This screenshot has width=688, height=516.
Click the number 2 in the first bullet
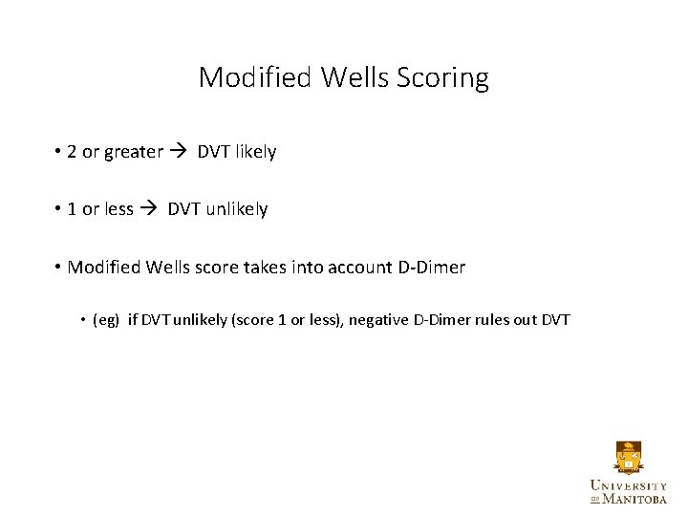(x=73, y=152)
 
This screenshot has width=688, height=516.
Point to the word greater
(x=134, y=152)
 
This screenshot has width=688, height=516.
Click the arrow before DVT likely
(x=179, y=152)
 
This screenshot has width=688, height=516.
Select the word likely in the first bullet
(x=256, y=152)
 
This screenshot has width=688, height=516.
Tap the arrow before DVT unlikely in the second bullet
(x=149, y=209)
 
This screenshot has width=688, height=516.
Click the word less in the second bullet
(x=118, y=209)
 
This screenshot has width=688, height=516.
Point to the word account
(x=358, y=268)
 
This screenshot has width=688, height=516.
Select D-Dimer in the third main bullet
(x=431, y=268)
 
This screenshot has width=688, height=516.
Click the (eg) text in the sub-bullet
(x=106, y=320)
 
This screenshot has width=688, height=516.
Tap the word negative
(x=378, y=320)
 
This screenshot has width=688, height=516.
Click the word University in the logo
(x=628, y=484)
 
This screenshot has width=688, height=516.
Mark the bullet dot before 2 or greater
(x=58, y=152)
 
